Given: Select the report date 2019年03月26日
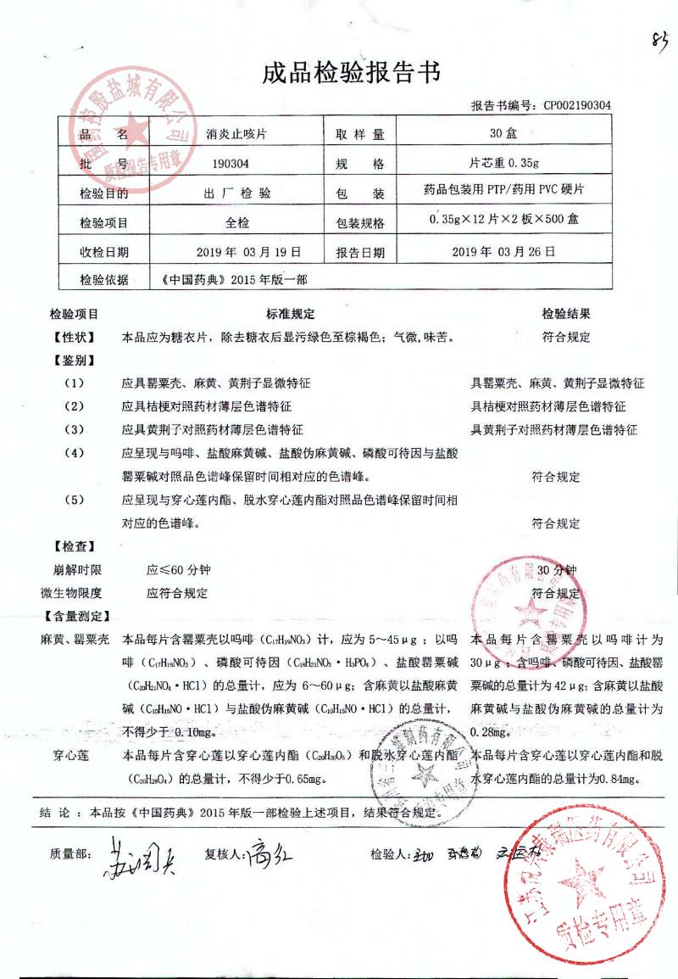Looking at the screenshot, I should pos(504,252).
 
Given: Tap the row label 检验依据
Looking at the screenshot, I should pos(104,278).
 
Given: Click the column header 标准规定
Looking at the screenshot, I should pos(291,314).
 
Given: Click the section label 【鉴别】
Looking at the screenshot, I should pos(75,360).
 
